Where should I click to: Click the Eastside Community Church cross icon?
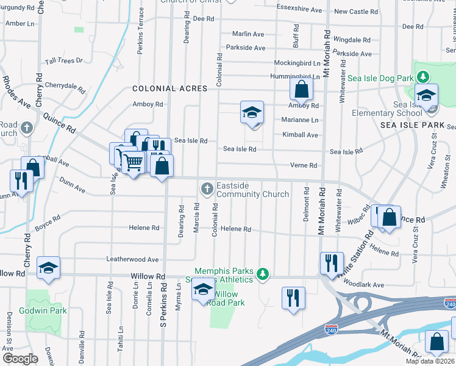(207, 188)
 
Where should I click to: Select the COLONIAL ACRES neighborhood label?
(170, 88)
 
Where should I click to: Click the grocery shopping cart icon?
(132, 162)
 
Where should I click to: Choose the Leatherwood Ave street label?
(132, 259)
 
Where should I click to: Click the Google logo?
(20, 359)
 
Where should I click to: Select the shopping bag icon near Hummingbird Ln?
(301, 90)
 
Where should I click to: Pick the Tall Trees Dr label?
(63, 60)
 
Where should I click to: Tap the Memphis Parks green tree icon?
(263, 273)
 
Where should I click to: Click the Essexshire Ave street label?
(299, 10)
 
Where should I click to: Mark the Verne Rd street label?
(304, 165)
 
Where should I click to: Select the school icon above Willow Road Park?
(204, 289)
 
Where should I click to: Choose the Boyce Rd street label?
(47, 222)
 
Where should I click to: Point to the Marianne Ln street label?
(300, 120)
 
